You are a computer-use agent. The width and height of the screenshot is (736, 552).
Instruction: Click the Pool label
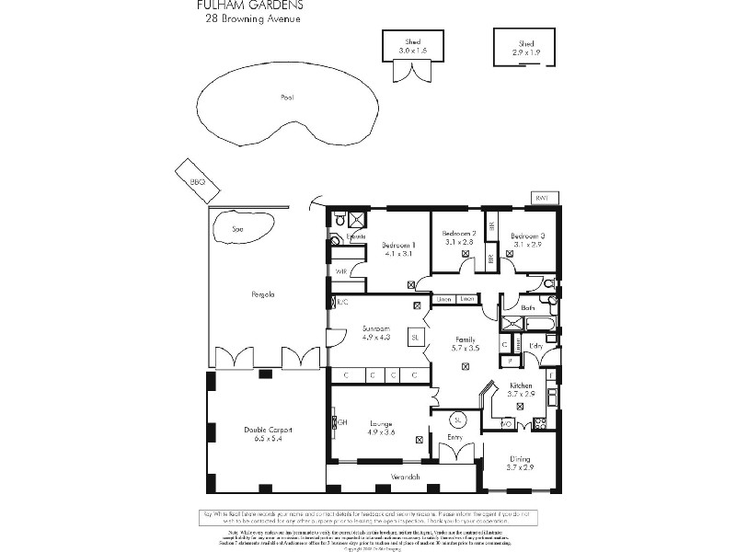pos(287,97)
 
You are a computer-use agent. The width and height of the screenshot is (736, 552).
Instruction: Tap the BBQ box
pos(197,182)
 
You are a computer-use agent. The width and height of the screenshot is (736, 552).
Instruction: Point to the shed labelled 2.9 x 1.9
pos(525,47)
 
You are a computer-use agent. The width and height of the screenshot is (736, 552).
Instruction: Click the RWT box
pos(544,198)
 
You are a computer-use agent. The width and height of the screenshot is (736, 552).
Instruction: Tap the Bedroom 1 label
pos(398,245)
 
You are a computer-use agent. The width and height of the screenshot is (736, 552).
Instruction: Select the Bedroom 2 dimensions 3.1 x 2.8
pos(459,243)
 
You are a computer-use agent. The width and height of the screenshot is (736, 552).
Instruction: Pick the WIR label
pos(340,271)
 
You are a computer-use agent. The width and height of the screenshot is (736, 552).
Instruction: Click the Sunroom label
pos(374,328)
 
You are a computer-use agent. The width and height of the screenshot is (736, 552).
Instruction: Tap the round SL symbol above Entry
pos(460,420)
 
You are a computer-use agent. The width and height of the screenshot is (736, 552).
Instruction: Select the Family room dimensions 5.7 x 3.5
pos(466,349)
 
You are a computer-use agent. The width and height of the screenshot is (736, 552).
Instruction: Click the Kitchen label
pos(521,385)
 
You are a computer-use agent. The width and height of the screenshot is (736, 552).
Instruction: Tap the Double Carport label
pos(260,430)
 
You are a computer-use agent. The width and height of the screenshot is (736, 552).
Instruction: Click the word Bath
pos(528,307)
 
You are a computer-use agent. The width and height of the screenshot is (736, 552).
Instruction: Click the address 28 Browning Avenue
pos(252,17)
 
